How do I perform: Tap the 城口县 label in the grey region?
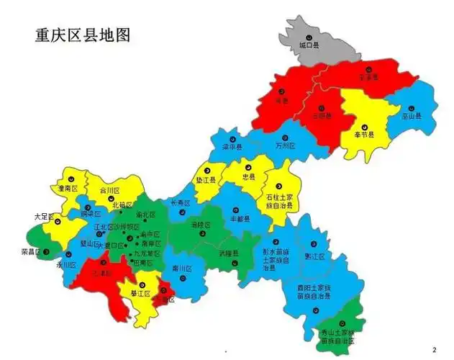pyautogui.click(x=309, y=45)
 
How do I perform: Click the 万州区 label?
pyautogui.click(x=286, y=145)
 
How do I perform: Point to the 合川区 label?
pyautogui.click(x=108, y=191)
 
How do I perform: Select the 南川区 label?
pyautogui.click(x=181, y=269)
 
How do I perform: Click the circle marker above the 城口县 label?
pyautogui.click(x=309, y=36)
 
